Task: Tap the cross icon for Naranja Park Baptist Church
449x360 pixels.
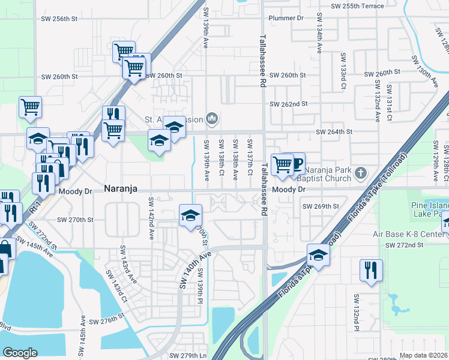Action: [x=360, y=173]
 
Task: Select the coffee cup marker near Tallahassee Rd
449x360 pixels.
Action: [x=295, y=164]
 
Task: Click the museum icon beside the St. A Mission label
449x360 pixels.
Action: [x=211, y=118]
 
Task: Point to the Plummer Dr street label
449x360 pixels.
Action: [x=286, y=19]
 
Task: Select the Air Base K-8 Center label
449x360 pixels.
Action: [x=414, y=234]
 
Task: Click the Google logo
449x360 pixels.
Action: [x=20, y=353]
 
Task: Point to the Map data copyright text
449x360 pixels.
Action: [x=423, y=355]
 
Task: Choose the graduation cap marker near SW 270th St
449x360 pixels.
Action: [x=190, y=215]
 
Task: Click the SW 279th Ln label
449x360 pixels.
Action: [x=188, y=356]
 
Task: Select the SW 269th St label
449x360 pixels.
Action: [x=321, y=206]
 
